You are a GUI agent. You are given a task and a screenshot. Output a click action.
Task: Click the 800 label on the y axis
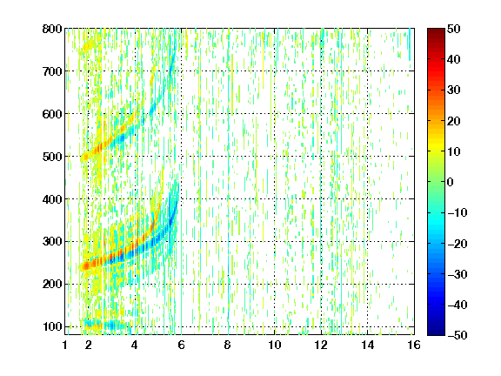pos(52,29)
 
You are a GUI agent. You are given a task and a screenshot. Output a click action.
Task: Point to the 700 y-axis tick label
pos(52,71)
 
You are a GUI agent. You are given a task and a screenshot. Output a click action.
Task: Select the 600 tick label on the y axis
pos(52,114)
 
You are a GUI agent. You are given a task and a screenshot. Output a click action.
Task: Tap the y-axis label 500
pos(52,157)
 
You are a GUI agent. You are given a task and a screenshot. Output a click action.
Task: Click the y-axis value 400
pos(52,199)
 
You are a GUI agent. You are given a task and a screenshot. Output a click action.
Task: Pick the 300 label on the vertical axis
pos(52,242)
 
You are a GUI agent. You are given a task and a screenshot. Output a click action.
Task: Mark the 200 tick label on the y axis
pos(52,285)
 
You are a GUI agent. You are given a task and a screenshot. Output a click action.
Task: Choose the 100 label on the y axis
pos(52,326)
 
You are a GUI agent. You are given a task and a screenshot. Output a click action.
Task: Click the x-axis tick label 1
pos(65,345)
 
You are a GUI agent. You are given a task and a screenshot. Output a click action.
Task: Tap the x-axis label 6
pos(182,345)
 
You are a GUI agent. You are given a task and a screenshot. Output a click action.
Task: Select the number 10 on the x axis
pos(275,345)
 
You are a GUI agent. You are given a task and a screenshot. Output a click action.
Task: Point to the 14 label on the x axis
pos(368,345)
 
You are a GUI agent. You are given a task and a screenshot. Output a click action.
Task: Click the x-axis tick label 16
pos(414,345)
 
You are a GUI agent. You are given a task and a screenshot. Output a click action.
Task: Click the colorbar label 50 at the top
pos(454,29)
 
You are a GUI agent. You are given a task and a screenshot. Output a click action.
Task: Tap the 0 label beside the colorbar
pos(451,182)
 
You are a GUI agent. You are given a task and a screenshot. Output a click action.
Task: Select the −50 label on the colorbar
pos(458,335)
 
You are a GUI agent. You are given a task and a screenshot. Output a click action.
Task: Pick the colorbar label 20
pos(454,121)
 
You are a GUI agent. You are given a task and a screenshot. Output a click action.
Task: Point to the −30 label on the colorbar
pos(458,274)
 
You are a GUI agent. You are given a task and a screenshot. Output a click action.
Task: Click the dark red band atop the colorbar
pos(436,34)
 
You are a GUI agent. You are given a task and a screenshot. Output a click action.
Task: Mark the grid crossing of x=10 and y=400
pos(275,198)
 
